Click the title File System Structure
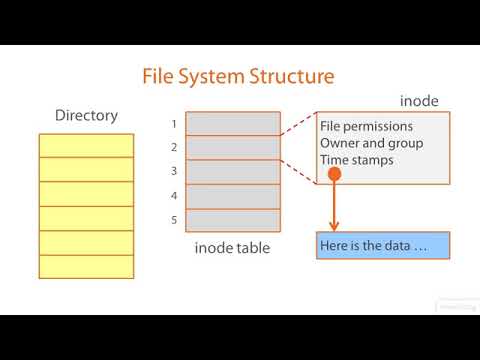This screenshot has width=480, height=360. click(x=238, y=76)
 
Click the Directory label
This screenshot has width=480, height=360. click(x=86, y=116)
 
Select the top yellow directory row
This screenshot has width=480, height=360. click(x=86, y=145)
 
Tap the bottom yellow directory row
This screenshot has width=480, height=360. click(x=86, y=267)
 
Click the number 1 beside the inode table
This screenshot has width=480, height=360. click(x=174, y=124)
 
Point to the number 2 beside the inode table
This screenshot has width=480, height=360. click(x=174, y=148)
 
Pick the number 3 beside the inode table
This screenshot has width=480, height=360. click(x=174, y=172)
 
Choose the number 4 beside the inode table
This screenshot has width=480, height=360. click(x=174, y=196)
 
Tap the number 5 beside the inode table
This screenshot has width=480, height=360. click(x=174, y=220)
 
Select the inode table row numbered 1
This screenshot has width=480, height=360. click(x=233, y=124)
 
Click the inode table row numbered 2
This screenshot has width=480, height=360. click(x=233, y=148)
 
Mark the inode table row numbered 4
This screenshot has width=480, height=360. click(x=233, y=196)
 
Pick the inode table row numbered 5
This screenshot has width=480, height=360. click(x=233, y=220)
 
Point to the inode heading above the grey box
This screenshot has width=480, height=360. click(x=419, y=101)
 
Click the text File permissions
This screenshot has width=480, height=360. click(x=366, y=127)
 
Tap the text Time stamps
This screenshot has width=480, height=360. click(x=357, y=159)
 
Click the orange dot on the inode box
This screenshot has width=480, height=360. click(x=335, y=175)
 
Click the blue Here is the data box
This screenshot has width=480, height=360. click(x=383, y=246)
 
